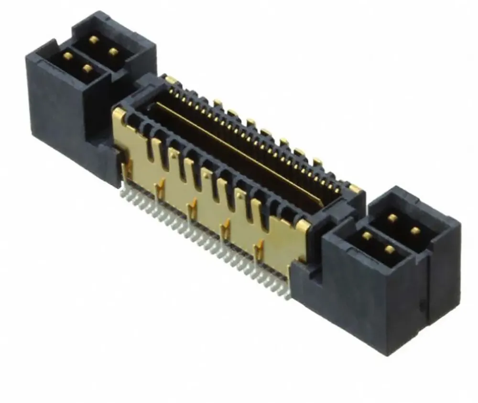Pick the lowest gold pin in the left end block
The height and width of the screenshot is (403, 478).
[87, 68]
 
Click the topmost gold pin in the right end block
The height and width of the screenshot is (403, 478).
[393, 218]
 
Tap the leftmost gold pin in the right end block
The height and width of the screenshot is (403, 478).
[367, 236]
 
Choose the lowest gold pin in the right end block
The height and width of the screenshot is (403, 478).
[390, 250]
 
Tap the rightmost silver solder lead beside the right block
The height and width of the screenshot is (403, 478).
[287, 295]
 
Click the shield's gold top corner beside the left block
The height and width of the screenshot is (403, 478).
[119, 114]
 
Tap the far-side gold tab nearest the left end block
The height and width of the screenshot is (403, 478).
[170, 79]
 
